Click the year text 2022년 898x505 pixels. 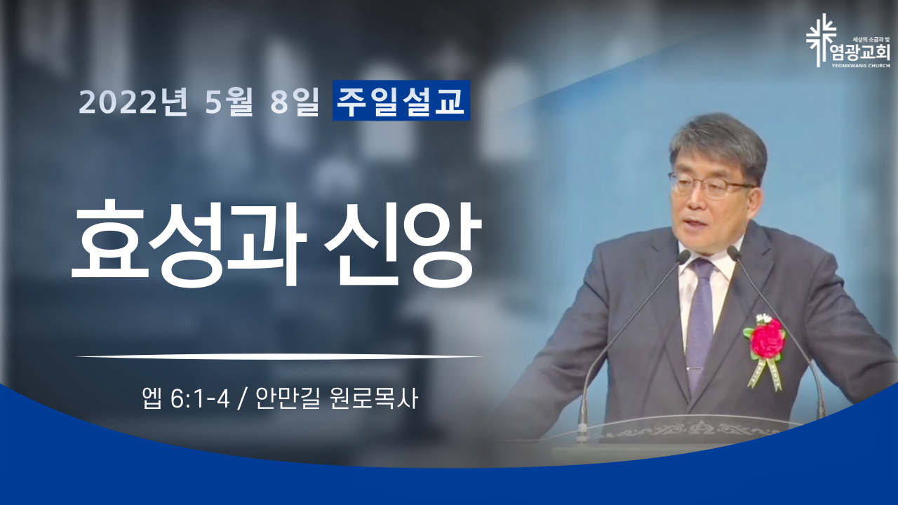point(133,102)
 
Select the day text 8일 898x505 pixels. point(295,102)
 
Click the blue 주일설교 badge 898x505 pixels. point(401,100)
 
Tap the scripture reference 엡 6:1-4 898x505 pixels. point(186,399)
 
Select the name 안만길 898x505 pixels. point(288,399)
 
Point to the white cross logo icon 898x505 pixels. point(821,40)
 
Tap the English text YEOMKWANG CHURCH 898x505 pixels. point(865,65)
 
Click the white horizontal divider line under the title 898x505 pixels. point(279,356)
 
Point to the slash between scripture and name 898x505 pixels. point(242,400)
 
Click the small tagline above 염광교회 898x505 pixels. point(871,39)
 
